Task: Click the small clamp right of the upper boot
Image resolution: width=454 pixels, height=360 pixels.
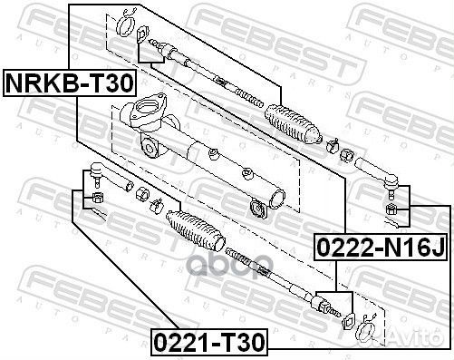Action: click(x=333, y=142)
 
